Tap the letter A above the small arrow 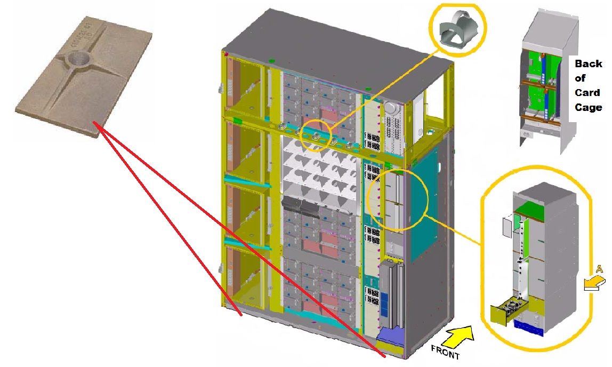click(x=599, y=269)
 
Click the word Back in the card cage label click(x=589, y=63)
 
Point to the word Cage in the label click(x=589, y=107)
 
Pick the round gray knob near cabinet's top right click(x=391, y=107)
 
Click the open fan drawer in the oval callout click(x=504, y=312)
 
